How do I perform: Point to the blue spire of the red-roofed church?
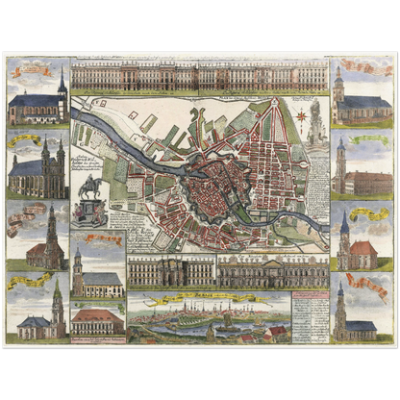tap(345, 223)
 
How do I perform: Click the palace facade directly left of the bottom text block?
tap(272, 271)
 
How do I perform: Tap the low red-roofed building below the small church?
tap(99, 321)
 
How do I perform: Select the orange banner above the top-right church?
tap(369, 68)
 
